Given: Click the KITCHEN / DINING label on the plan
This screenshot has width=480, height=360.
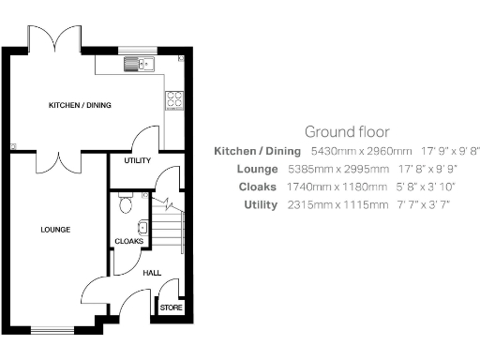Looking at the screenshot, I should point(80,105).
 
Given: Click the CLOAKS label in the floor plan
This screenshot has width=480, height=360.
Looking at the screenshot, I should point(128,241).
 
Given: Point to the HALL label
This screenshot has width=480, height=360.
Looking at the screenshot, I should point(151,274).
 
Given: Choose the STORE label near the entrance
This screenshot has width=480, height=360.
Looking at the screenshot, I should point(171,307).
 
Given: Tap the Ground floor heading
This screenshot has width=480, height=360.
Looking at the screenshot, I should point(347,131).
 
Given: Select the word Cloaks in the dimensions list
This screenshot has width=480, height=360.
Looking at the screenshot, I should point(259,187).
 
